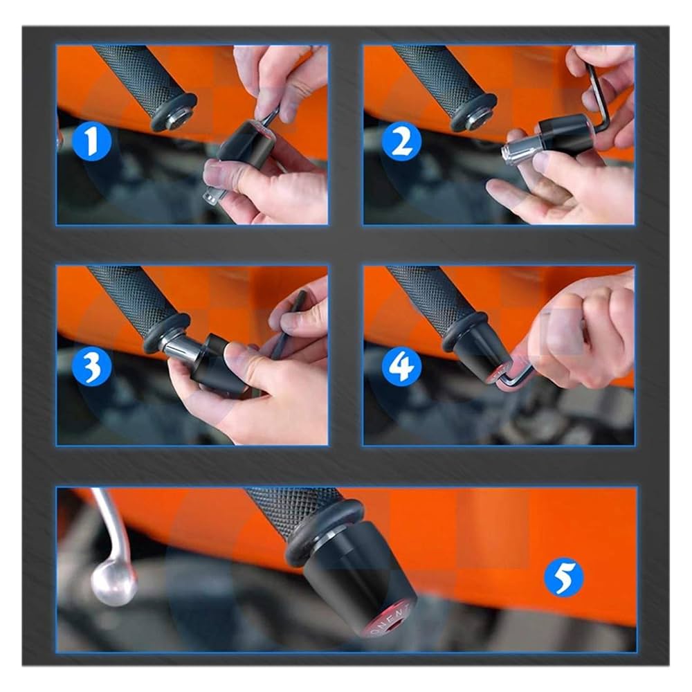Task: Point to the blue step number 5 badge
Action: [563, 578]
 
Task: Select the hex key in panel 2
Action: [599, 97]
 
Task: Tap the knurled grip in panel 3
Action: [125, 298]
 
